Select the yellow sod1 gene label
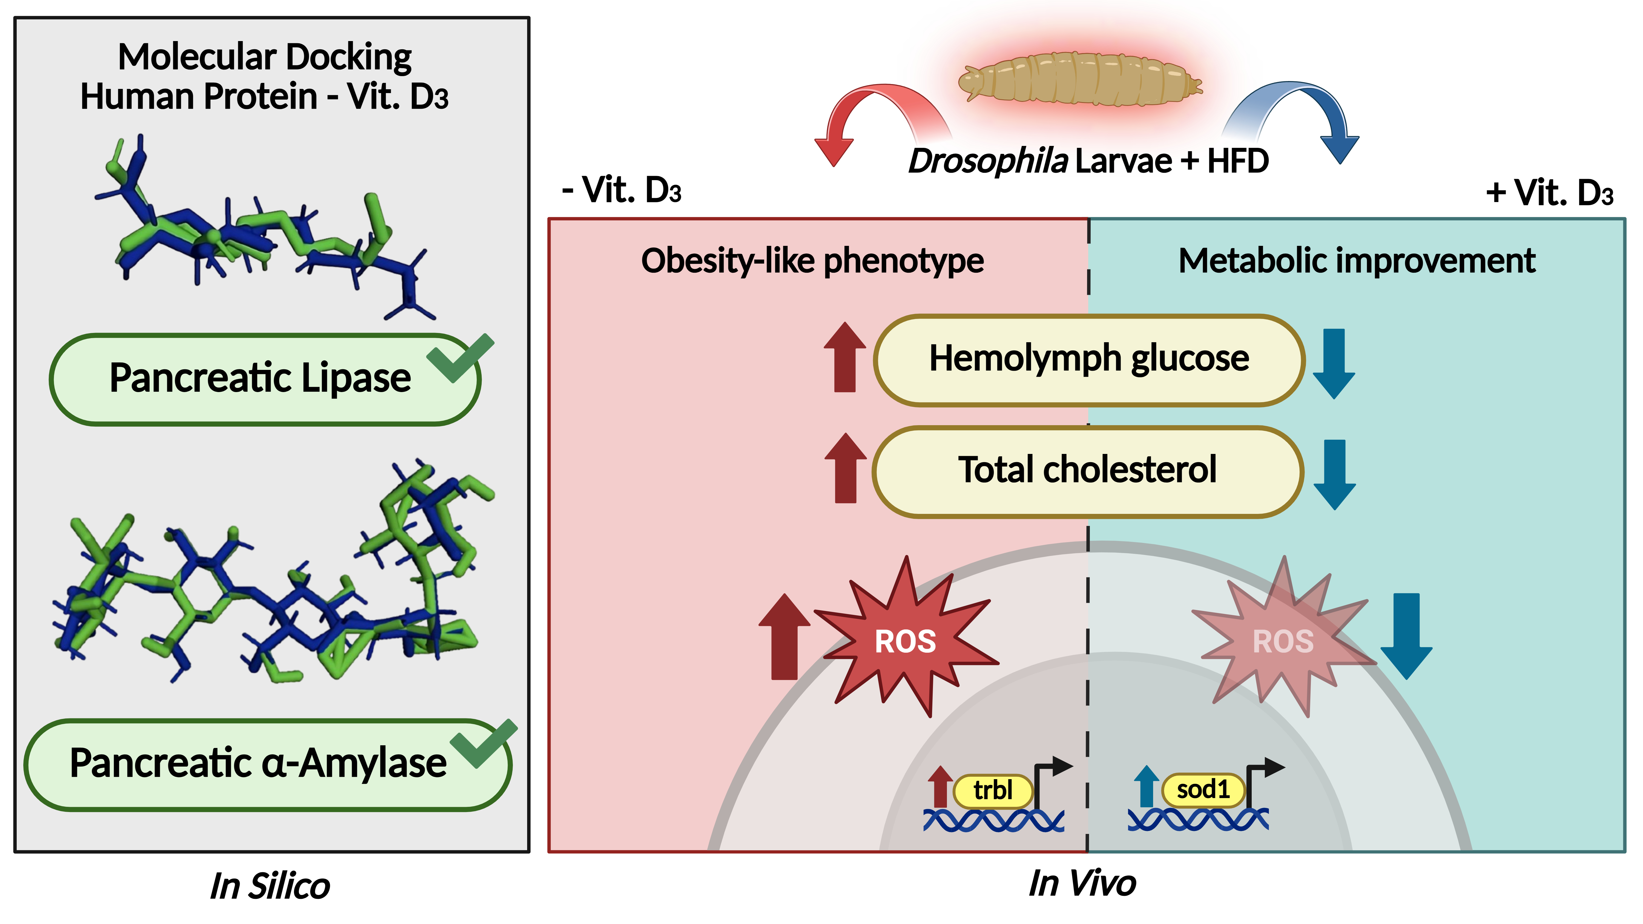(x=1203, y=790)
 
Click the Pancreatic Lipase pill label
(x=260, y=379)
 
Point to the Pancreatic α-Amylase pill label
(x=258, y=764)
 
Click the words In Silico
(x=270, y=886)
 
